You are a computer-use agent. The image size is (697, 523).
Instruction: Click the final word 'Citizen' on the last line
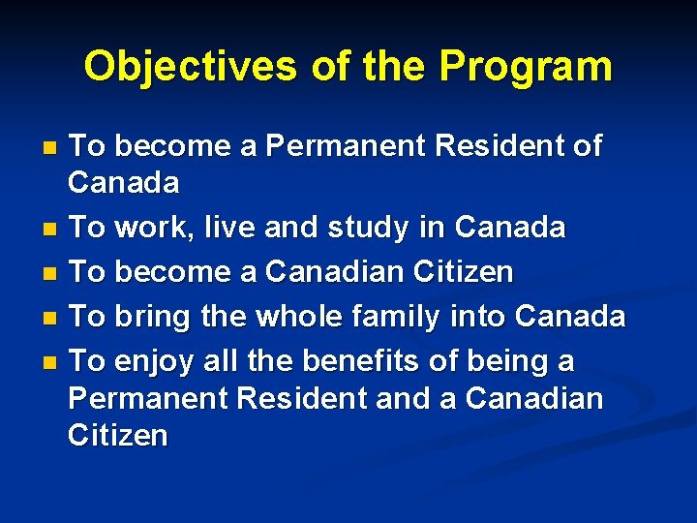[x=118, y=436]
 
